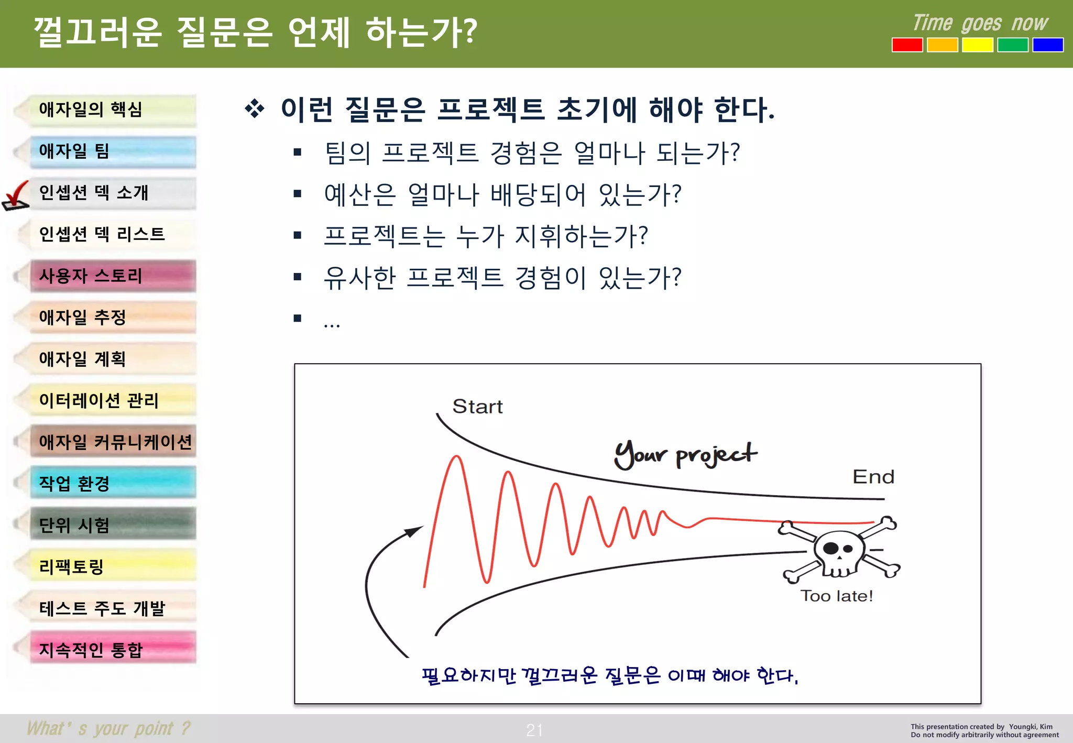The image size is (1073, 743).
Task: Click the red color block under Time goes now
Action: click(x=907, y=45)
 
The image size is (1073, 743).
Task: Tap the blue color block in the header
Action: click(x=1047, y=45)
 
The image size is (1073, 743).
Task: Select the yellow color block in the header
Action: click(x=977, y=45)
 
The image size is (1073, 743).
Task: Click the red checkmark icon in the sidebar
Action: click(x=16, y=196)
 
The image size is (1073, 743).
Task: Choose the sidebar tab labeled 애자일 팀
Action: click(x=113, y=152)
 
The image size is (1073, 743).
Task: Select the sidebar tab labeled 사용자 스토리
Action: click(x=113, y=276)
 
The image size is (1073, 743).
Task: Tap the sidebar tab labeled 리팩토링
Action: click(x=113, y=566)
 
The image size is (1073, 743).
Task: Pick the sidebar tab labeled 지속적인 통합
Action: click(x=113, y=649)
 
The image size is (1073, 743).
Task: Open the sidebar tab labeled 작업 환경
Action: click(x=113, y=483)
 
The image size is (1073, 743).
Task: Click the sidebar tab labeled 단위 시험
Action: click(x=113, y=525)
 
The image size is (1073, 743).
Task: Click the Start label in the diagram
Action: click(x=477, y=407)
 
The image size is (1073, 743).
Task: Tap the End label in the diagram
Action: click(x=873, y=477)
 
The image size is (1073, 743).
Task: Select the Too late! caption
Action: click(x=836, y=596)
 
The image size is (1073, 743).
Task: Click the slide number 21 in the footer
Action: click(x=534, y=730)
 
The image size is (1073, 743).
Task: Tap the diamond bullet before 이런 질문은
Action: click(x=255, y=109)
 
